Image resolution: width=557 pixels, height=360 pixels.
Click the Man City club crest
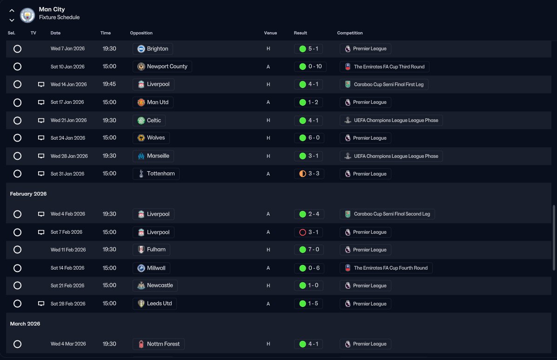coord(27,15)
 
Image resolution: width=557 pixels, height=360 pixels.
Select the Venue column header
coord(270,33)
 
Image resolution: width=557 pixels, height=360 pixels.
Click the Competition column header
coord(349,33)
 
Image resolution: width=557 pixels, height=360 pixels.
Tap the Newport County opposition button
coord(162,67)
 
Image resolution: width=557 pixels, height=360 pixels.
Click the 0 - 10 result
coord(310,67)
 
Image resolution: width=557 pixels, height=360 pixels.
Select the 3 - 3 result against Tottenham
coord(309,174)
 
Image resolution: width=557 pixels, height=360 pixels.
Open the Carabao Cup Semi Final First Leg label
coord(384,84)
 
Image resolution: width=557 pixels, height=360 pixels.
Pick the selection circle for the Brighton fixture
coord(17,48)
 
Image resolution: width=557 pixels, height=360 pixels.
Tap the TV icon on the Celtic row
coord(41,120)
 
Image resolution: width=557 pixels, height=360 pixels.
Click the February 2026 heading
coord(28,194)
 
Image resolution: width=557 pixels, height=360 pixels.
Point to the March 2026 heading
coord(25,324)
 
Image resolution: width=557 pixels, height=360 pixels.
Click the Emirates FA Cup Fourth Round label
coord(386,268)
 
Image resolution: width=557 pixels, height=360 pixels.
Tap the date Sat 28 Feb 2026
coord(68,304)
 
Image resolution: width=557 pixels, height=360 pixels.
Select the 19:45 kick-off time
coord(109,84)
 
